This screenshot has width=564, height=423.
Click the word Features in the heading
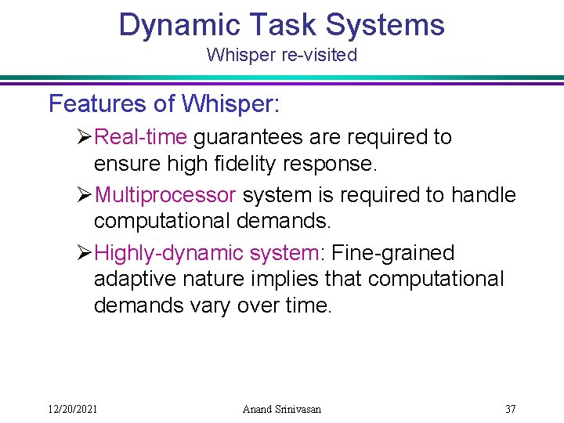click(95, 103)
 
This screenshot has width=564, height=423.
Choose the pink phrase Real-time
click(141, 137)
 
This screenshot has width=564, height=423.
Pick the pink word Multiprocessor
click(164, 195)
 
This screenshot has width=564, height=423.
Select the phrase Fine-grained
click(394, 253)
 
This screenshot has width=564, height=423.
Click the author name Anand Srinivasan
click(282, 408)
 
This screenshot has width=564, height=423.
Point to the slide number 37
click(510, 408)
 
